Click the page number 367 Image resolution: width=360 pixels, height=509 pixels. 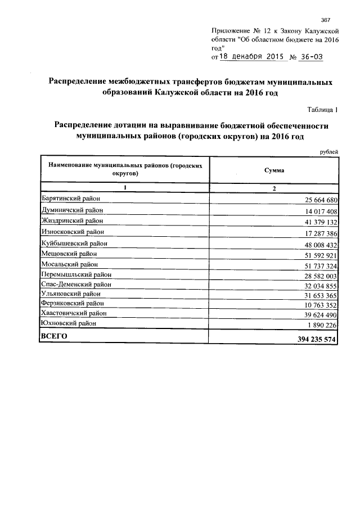coord(325,20)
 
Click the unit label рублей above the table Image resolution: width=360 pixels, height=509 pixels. coord(328,151)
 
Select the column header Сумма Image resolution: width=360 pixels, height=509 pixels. coord(274,170)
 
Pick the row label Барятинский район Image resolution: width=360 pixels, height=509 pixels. coord(71,199)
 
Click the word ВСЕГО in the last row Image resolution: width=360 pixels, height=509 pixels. coord(54,336)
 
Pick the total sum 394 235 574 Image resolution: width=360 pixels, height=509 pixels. coord(313,340)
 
